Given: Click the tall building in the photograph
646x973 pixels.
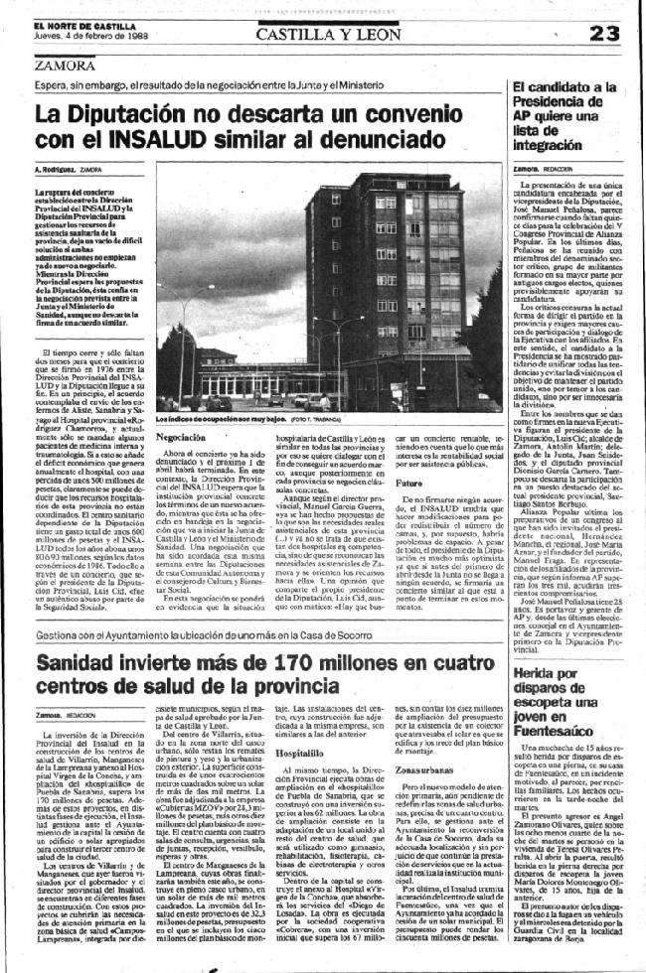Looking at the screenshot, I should pyautogui.click(x=363, y=258).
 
